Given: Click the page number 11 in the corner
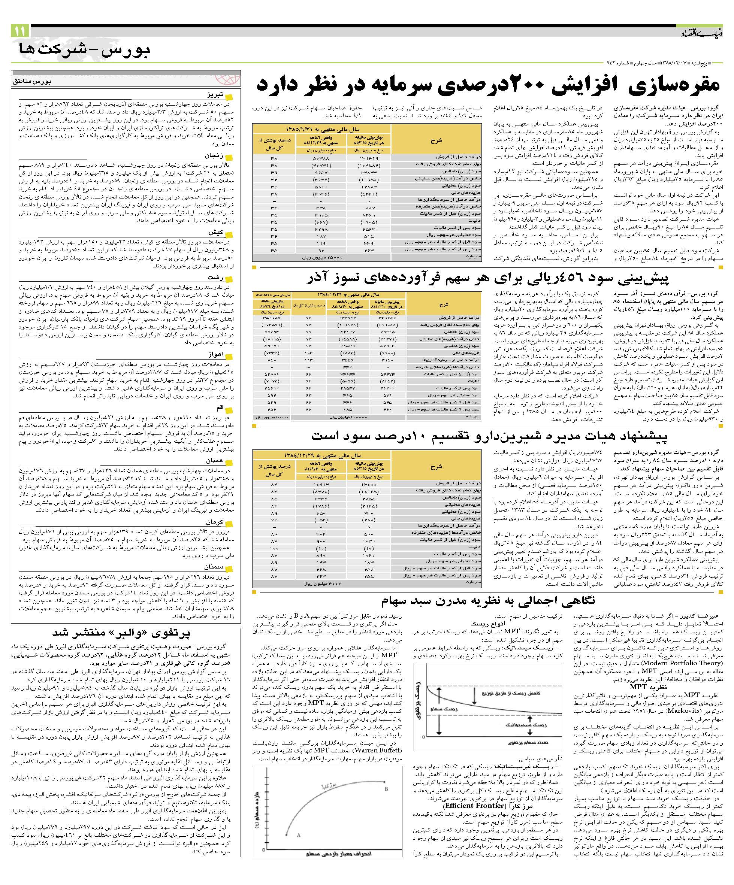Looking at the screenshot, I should (20, 31).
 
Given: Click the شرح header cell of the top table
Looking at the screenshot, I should (436, 140).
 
